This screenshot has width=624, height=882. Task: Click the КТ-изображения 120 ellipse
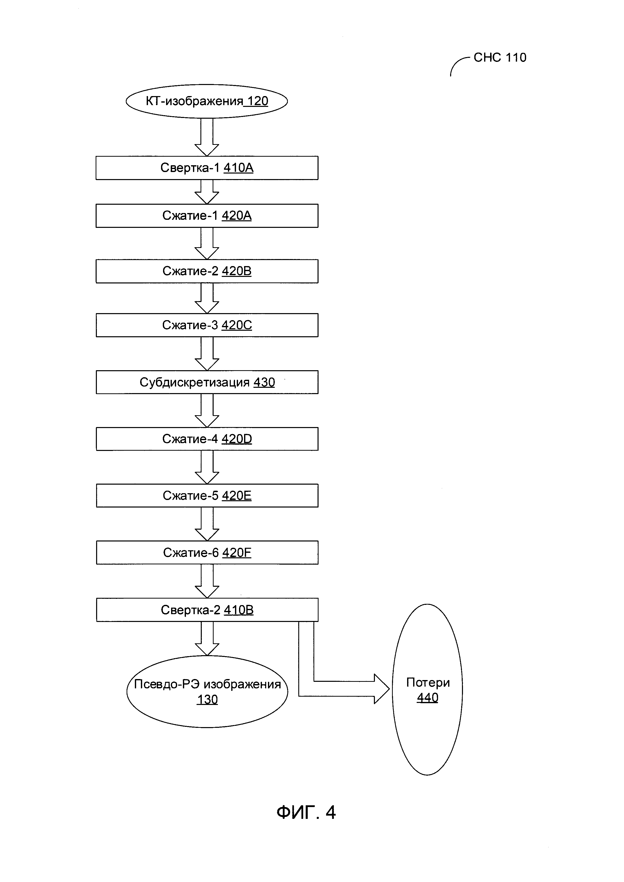(207, 101)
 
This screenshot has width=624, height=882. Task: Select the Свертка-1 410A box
(207, 168)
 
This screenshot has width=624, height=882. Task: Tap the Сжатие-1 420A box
(207, 216)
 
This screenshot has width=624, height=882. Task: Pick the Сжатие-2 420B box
(207, 271)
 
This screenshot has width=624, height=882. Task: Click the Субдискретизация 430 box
(207, 382)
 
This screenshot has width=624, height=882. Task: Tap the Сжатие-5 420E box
(207, 495)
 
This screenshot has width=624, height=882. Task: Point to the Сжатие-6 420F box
(207, 552)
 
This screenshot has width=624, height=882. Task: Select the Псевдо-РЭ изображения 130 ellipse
(207, 691)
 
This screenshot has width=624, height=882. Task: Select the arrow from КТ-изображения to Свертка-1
(207, 137)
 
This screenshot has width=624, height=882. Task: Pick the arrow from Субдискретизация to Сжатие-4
(207, 411)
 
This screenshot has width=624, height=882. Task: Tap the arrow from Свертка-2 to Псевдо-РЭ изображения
(207, 639)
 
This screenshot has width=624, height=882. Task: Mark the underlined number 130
(207, 699)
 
